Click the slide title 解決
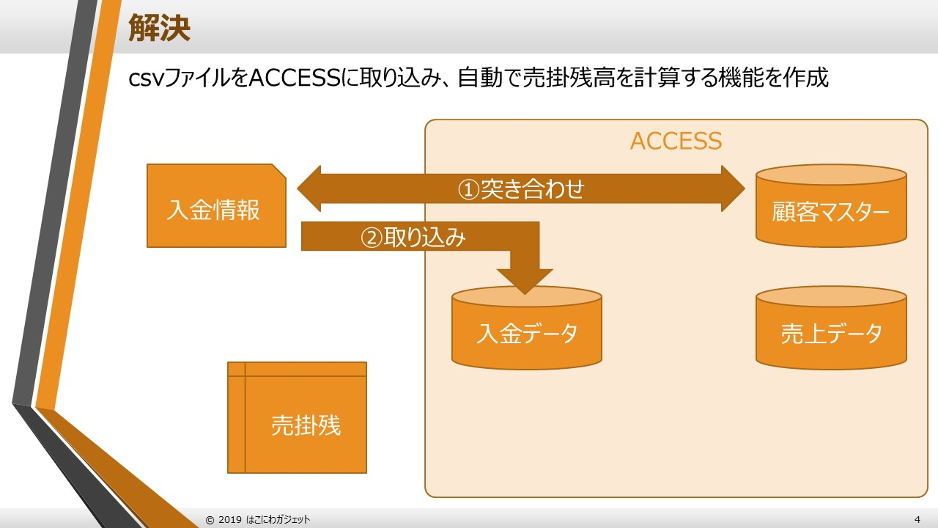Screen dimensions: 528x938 (x=159, y=28)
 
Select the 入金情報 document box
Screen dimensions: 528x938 (x=214, y=210)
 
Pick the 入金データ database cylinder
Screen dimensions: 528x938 (x=527, y=333)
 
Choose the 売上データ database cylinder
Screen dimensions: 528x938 (x=831, y=333)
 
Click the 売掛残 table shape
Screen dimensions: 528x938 (x=305, y=425)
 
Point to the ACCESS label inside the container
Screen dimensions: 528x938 (x=676, y=141)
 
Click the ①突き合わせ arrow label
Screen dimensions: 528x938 (x=521, y=189)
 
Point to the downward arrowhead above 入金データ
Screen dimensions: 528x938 (x=525, y=280)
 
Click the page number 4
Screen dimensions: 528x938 (x=917, y=519)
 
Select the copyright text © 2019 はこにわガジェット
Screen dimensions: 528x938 (x=258, y=519)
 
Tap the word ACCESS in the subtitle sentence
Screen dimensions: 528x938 (x=293, y=78)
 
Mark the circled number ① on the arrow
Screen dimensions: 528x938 (x=469, y=189)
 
